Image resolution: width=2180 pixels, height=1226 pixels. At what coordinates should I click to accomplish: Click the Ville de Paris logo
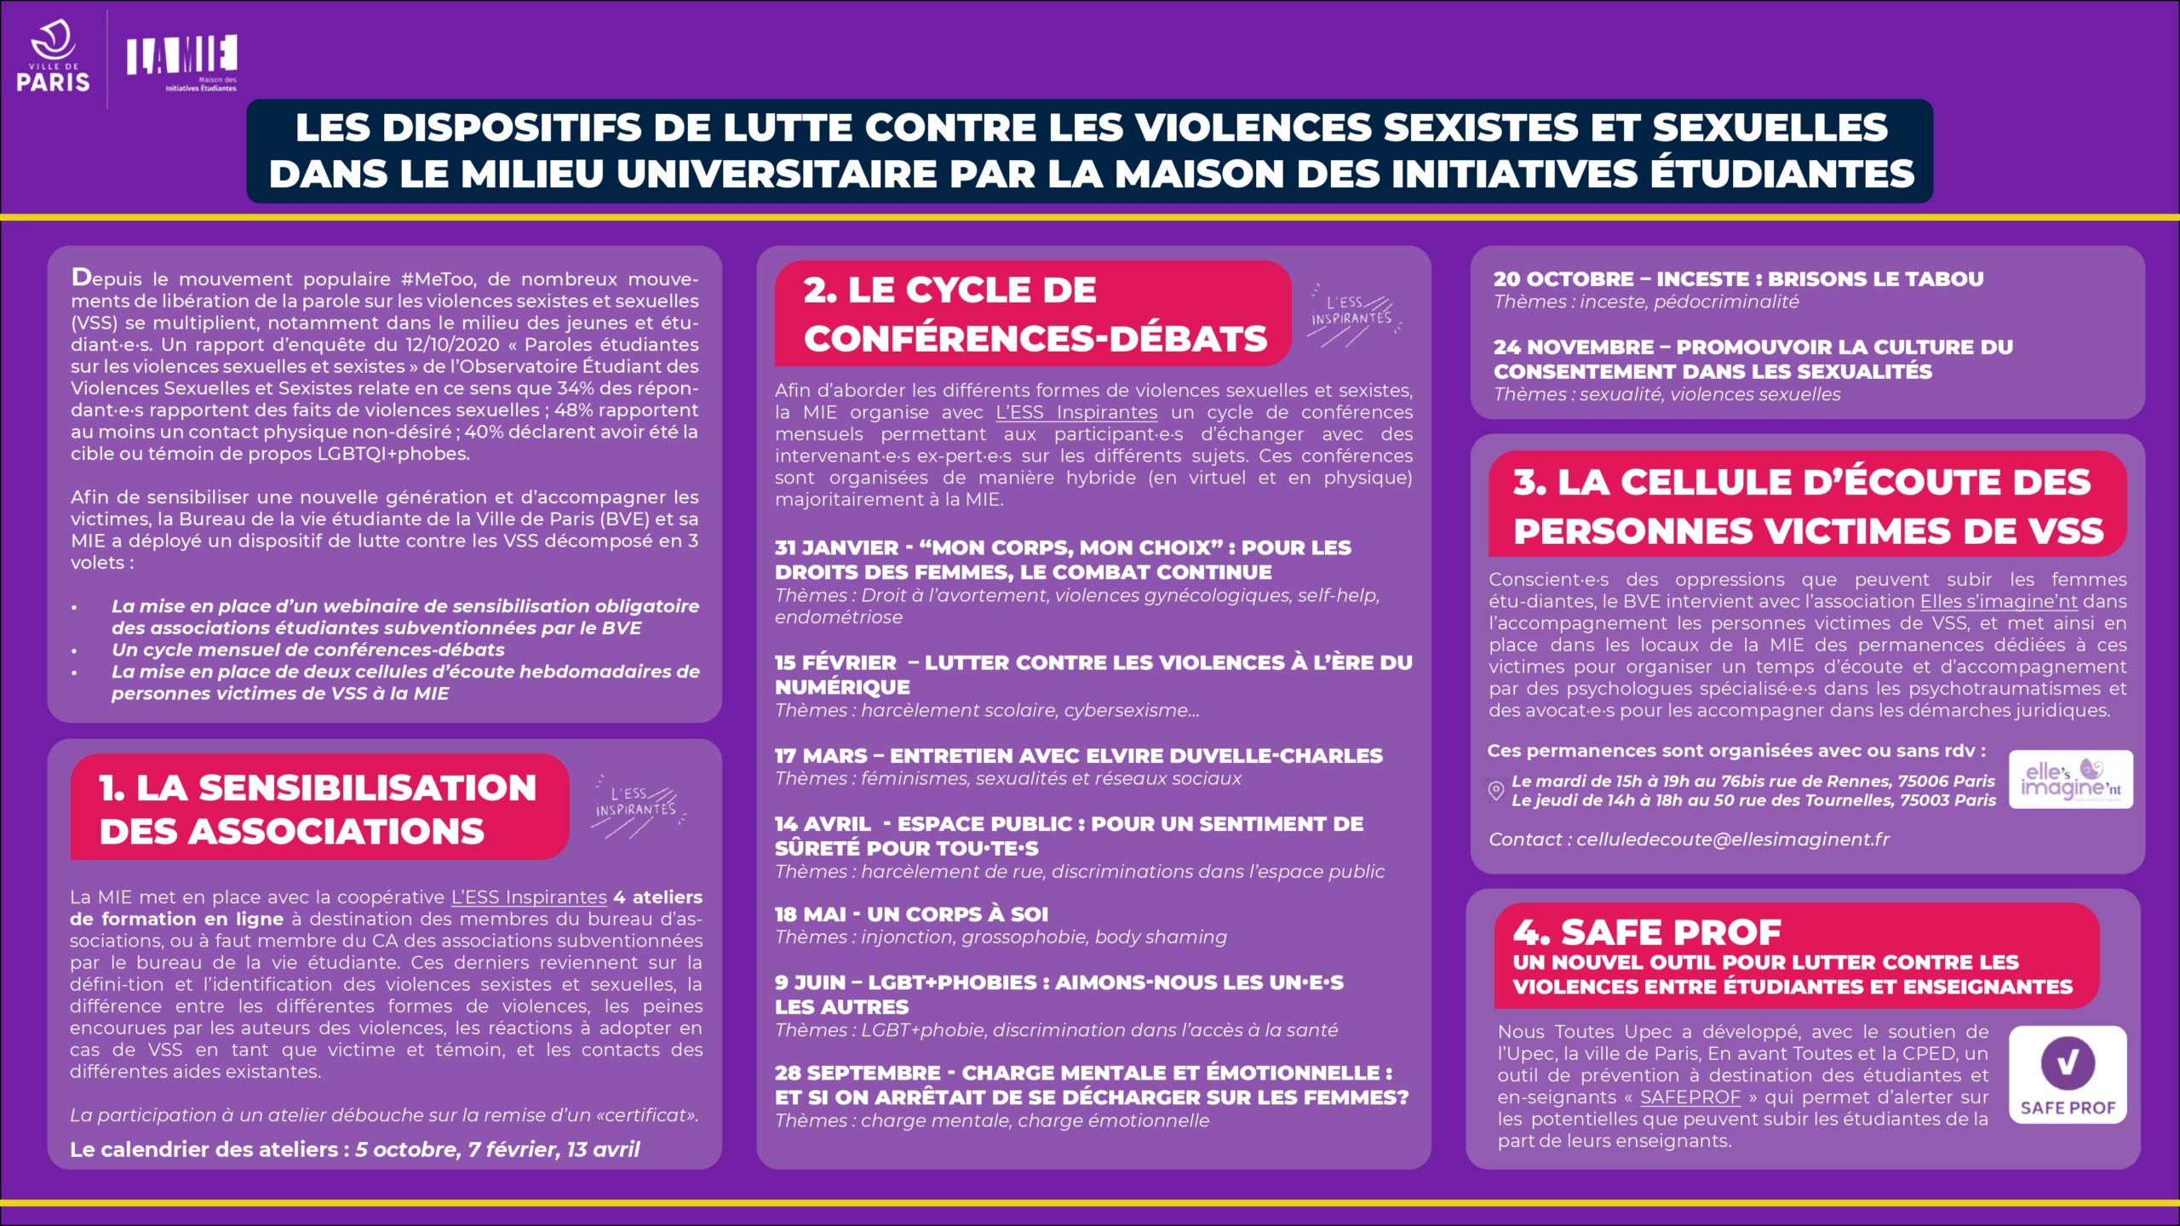(53, 58)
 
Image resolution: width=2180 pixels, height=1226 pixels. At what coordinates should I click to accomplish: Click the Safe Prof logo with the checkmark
(2068, 1074)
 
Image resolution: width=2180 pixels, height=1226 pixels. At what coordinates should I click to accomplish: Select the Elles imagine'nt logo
(2070, 779)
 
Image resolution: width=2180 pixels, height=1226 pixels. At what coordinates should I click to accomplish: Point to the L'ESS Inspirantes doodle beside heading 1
(637, 805)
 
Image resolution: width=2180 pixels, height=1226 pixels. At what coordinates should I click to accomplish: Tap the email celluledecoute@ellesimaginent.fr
(1732, 839)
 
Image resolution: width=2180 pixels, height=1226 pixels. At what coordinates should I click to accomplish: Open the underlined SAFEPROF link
(1689, 1097)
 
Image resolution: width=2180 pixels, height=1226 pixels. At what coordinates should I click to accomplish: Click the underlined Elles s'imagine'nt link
(1998, 601)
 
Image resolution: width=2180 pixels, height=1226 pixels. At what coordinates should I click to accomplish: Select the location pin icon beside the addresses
(1495, 790)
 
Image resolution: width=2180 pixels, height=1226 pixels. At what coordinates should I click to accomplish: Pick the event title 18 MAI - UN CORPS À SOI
(911, 914)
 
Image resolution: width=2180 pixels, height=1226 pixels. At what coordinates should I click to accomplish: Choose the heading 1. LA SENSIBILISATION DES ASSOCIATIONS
(318, 808)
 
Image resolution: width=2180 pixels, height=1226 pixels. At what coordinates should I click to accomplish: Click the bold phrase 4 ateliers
(657, 897)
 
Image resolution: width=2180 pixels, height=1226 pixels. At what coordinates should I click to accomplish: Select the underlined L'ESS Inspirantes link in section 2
(1076, 412)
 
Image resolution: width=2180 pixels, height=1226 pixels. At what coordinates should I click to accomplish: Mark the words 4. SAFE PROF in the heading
(1647, 932)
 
